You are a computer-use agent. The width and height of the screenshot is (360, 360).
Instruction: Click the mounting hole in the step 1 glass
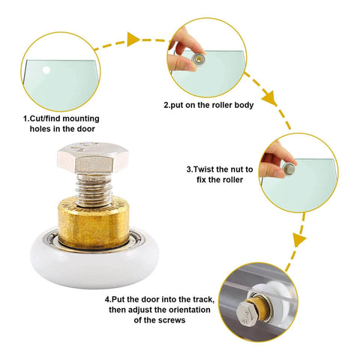coord(46,70)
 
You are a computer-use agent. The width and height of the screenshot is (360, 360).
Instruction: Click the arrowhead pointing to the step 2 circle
coord(135,39)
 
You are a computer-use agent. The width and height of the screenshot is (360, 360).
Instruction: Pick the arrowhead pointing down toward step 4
coord(298,240)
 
